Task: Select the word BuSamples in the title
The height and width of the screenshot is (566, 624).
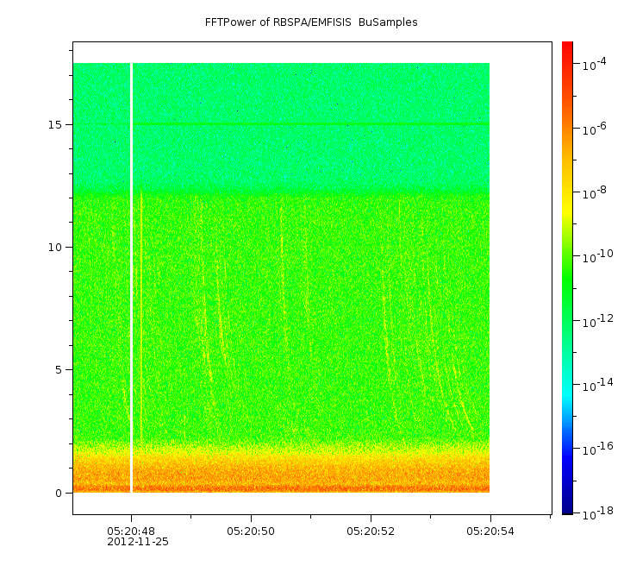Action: point(388,22)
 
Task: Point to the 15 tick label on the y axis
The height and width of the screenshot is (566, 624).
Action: point(55,124)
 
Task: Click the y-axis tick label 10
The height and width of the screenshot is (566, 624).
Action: point(55,248)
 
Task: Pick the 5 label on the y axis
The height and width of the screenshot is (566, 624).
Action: point(59,370)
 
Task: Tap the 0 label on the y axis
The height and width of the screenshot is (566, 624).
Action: point(59,494)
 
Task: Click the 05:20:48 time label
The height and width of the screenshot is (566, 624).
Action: point(131,531)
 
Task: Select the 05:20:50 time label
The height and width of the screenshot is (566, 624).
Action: point(251,531)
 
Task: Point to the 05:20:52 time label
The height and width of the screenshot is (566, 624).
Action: point(371,531)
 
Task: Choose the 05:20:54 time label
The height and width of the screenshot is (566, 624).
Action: point(490,531)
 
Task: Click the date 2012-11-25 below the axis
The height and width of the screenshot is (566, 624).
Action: point(138,542)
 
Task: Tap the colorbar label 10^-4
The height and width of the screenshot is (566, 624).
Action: point(594,64)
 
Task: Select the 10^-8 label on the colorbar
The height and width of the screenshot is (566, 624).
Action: point(594,192)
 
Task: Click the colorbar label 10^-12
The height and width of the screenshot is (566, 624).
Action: point(598,321)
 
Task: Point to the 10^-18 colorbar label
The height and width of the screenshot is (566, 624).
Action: point(598,513)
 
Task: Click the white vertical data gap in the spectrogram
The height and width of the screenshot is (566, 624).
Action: point(131,278)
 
